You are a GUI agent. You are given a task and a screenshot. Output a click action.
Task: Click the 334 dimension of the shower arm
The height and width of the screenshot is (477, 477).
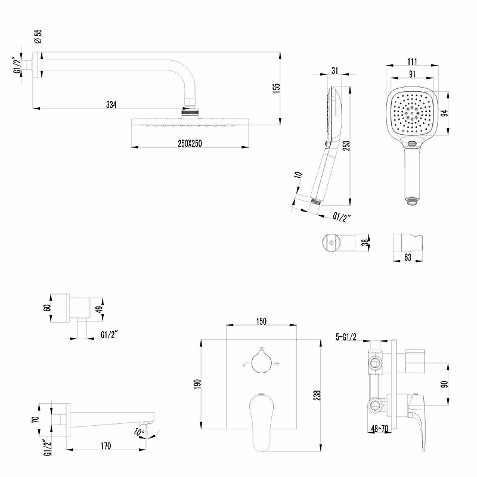pos(111,105)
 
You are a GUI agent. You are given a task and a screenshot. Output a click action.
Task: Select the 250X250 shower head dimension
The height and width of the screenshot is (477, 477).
pos(189,144)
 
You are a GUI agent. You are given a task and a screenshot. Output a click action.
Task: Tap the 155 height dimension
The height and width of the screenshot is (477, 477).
pos(276,88)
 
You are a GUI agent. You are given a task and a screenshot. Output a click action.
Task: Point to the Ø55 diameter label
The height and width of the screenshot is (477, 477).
pos(38,37)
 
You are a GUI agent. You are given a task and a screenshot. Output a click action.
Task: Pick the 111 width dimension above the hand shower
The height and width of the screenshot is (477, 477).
pos(413,61)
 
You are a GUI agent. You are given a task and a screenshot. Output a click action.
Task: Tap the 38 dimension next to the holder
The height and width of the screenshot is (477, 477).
pos(365,243)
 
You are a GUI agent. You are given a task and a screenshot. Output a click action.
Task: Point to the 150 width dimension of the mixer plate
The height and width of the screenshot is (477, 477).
pos(261,321)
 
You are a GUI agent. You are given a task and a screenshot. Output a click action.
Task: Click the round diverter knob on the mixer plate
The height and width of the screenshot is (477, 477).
pos(261,362)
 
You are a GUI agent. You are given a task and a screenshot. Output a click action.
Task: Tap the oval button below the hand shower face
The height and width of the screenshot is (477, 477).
pos(412,144)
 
